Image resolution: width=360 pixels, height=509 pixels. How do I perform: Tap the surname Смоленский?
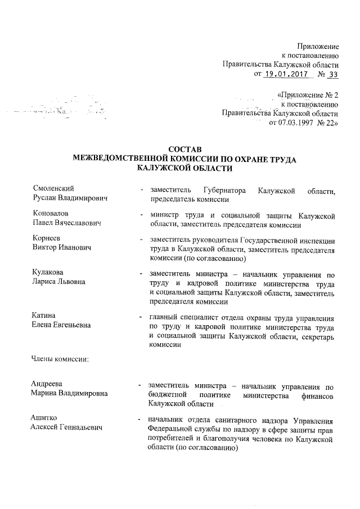click(53, 188)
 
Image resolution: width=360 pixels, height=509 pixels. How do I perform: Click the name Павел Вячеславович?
click(66, 224)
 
